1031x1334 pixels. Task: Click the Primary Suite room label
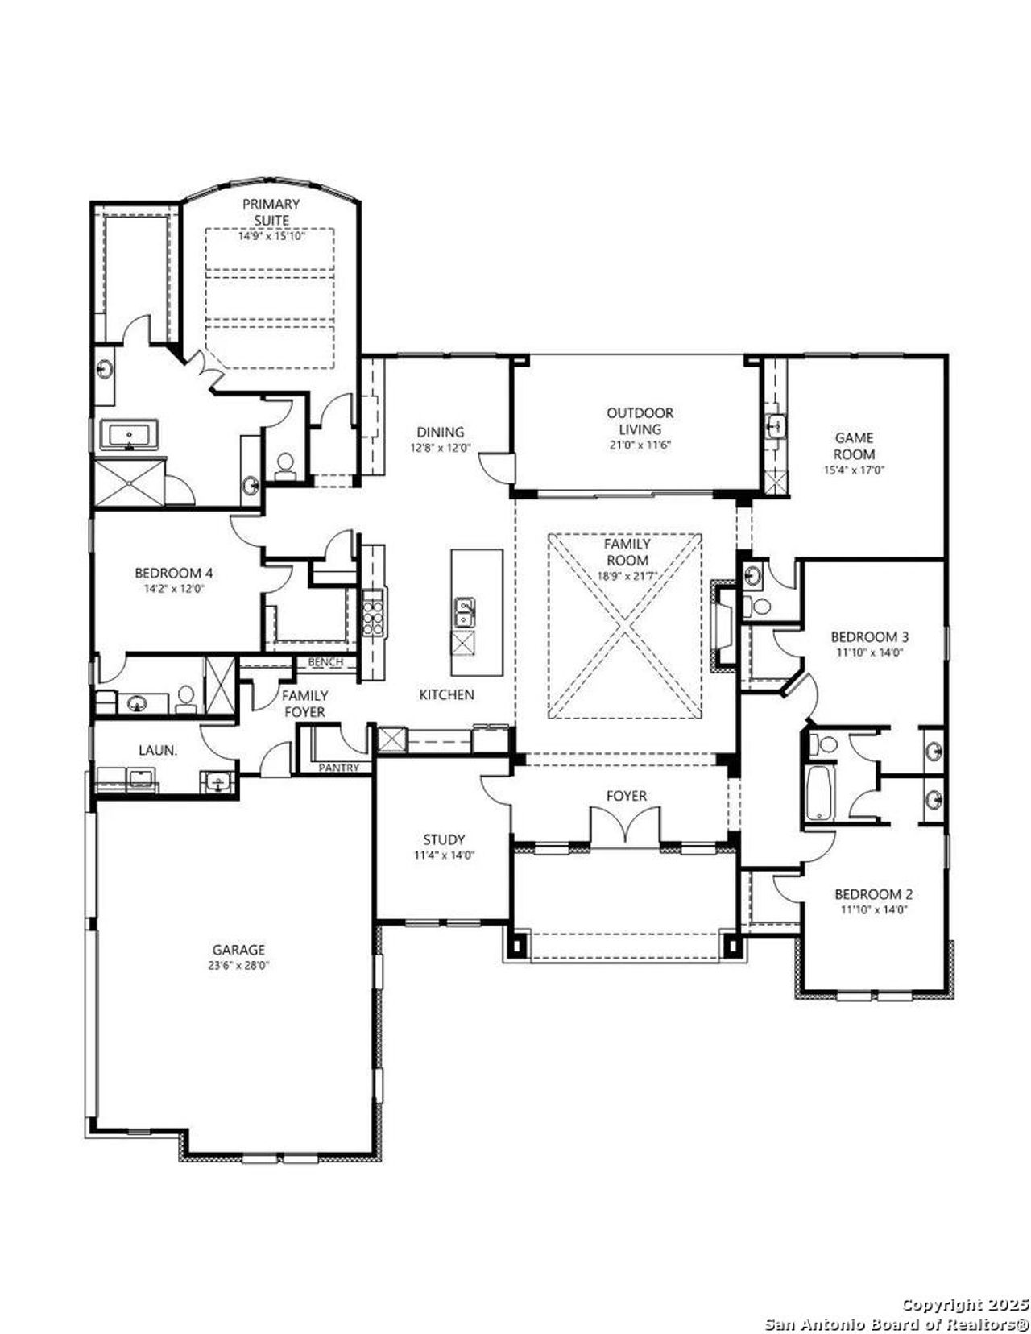click(271, 212)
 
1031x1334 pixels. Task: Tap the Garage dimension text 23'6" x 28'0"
click(238, 964)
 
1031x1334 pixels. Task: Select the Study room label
click(444, 839)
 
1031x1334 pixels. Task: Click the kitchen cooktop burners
click(373, 614)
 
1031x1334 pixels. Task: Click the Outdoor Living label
click(640, 420)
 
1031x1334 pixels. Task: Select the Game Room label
click(854, 445)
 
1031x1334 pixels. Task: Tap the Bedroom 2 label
click(873, 894)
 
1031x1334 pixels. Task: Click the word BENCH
click(325, 662)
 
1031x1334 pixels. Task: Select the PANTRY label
click(338, 768)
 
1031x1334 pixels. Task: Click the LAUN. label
click(158, 750)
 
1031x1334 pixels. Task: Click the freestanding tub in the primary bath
click(130, 436)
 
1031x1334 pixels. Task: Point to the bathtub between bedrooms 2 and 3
click(821, 793)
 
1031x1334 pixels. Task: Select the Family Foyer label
click(304, 703)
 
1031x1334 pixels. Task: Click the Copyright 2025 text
click(964, 1303)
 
